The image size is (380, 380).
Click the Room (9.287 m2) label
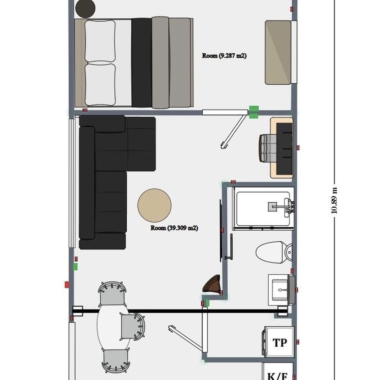pos(224,56)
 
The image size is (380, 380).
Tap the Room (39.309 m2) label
pos(174,228)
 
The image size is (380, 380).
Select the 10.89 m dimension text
pos(334,200)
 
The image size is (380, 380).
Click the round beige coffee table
pos(155,205)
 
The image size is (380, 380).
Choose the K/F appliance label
pos(277,376)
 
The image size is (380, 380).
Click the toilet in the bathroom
pos(274,252)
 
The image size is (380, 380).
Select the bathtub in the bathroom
pos(263,209)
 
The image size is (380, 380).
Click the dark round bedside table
pos(85,9)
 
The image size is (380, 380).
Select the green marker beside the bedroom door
pos(254,112)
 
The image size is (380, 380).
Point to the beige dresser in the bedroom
pos(278,52)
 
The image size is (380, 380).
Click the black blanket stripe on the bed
pos(142,63)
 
